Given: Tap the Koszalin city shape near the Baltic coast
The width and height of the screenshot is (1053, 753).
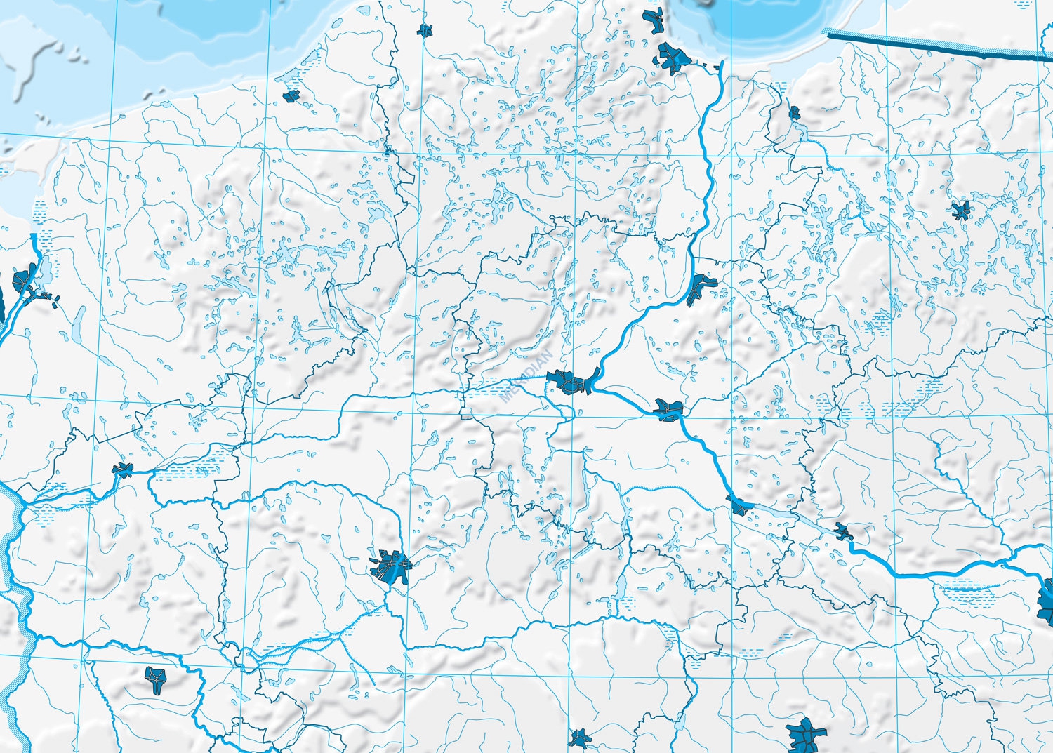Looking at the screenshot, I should (291, 95).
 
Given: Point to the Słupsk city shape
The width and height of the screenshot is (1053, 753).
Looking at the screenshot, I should (424, 30).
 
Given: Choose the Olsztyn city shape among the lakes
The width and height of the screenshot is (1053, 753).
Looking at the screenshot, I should (960, 209).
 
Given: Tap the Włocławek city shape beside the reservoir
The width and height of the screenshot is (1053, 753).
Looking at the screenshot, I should (739, 505).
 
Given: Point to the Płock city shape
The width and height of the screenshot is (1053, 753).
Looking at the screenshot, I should (843, 531).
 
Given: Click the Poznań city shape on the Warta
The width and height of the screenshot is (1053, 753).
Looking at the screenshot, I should (390, 566).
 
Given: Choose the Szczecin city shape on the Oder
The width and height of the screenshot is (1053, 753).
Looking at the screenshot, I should (22, 281).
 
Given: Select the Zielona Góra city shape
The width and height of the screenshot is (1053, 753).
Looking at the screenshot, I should (156, 679).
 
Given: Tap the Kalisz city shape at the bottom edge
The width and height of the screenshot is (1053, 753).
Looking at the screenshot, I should (580, 738).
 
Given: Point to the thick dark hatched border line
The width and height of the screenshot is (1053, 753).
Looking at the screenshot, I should (934, 44).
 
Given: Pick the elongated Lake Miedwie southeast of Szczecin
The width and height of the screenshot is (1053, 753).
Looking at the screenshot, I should (78, 323).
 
